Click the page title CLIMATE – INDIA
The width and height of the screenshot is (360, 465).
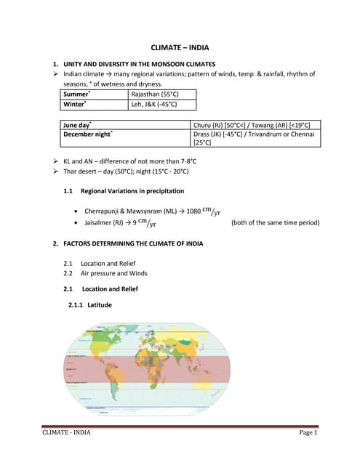(179, 47)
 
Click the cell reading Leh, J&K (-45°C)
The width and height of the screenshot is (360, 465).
(153, 105)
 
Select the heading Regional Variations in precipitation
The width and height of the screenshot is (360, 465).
(132, 191)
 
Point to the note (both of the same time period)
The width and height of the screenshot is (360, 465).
(275, 223)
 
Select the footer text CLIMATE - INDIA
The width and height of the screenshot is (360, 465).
(67, 434)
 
